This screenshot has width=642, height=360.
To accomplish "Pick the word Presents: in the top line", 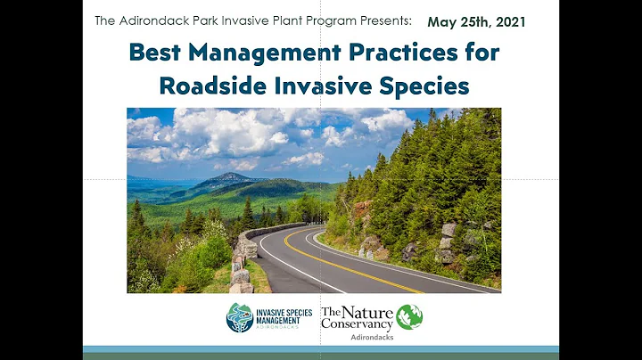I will (x=383, y=20).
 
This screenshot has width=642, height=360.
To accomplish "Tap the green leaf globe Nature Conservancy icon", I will (x=409, y=317).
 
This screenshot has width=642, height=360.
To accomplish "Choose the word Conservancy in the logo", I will (x=357, y=325).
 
